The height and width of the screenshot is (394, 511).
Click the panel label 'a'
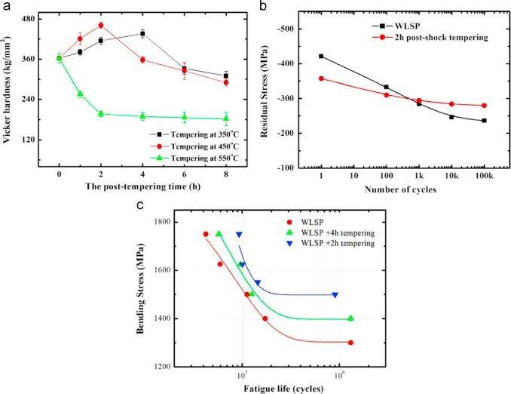[x=6, y=7]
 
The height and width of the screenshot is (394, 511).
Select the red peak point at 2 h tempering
[x=100, y=25]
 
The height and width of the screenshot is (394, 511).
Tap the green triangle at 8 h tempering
[x=226, y=119]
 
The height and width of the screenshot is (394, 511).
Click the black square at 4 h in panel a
[x=142, y=33]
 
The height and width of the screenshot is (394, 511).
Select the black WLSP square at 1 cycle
[x=321, y=56]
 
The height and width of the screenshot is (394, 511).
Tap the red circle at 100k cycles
[x=484, y=105]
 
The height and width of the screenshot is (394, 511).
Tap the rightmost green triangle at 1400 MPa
[x=350, y=319]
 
